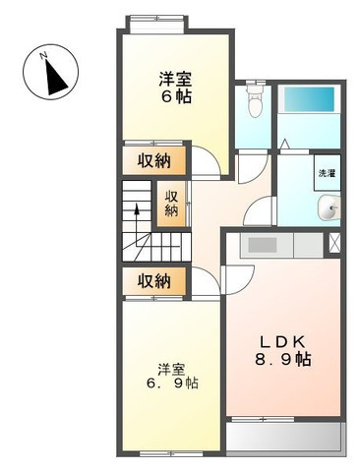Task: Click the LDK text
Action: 280,341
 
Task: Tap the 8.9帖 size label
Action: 283,360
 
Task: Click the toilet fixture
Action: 253,99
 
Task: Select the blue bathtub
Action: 309,100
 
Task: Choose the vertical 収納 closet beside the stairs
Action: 172,202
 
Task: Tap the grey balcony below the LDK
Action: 284,437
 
